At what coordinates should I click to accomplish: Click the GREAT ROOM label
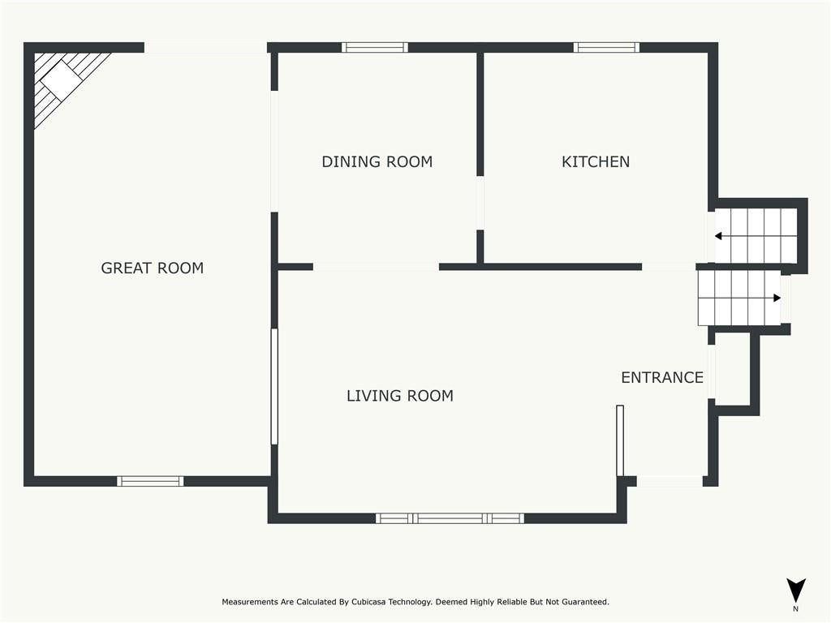pos(152,268)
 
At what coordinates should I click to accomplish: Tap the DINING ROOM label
pos(377,161)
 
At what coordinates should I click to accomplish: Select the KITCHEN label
pos(596,161)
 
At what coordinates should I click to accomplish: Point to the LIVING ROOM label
pos(399,396)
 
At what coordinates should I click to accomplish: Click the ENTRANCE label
pos(662,377)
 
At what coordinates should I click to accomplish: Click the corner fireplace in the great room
pos(61,81)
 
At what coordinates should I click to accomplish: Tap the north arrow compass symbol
pos(795,591)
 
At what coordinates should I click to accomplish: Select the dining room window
pos(375,48)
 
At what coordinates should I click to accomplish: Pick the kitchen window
pos(606,48)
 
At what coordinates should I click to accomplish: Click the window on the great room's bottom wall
pos(150,481)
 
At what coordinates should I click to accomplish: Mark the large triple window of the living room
pos(450,518)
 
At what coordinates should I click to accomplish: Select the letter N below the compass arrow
pos(795,609)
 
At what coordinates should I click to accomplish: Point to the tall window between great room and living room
pos(274,387)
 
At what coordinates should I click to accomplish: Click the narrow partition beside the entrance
pos(619,440)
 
